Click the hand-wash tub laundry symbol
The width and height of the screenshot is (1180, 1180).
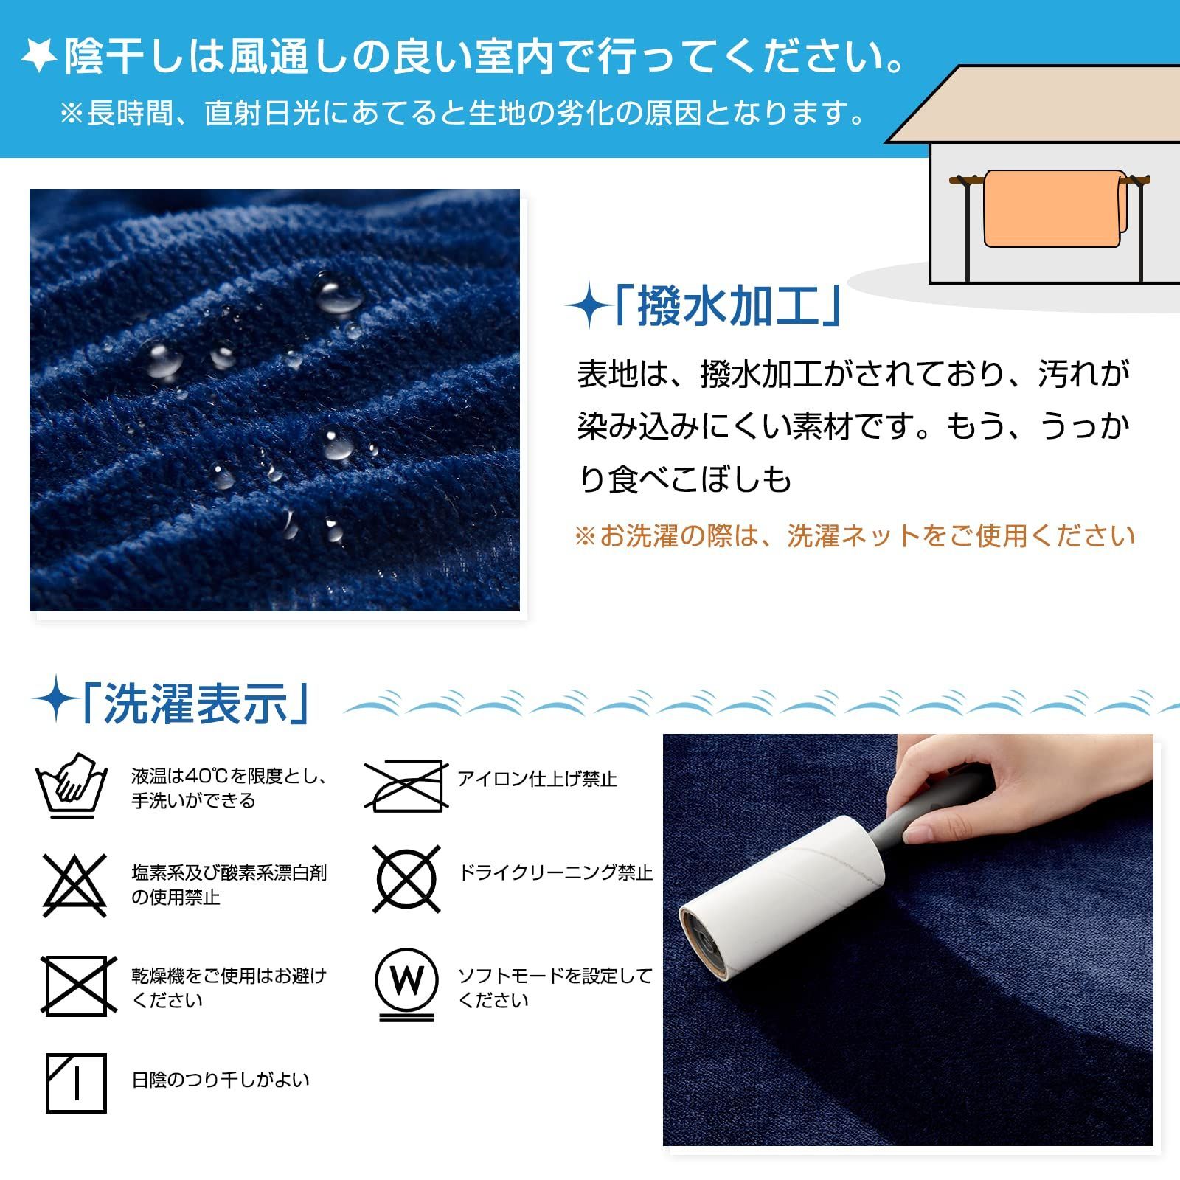[72, 786]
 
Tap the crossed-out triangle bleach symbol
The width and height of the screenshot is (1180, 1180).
[74, 884]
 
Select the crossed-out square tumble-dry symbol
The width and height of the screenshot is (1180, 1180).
[77, 985]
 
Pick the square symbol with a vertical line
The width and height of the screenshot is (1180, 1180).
[76, 1083]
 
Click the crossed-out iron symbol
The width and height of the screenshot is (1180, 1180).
[406, 786]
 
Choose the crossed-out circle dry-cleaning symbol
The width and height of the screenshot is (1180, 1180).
[406, 878]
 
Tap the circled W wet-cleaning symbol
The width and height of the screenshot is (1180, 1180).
[406, 981]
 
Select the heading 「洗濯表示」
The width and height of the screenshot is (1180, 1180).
[195, 704]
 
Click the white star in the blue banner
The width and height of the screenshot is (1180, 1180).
[38, 56]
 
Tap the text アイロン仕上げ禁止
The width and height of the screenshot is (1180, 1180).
[537, 779]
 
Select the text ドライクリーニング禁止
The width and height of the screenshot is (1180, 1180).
[555, 873]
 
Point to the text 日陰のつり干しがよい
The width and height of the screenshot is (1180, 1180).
[221, 1080]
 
